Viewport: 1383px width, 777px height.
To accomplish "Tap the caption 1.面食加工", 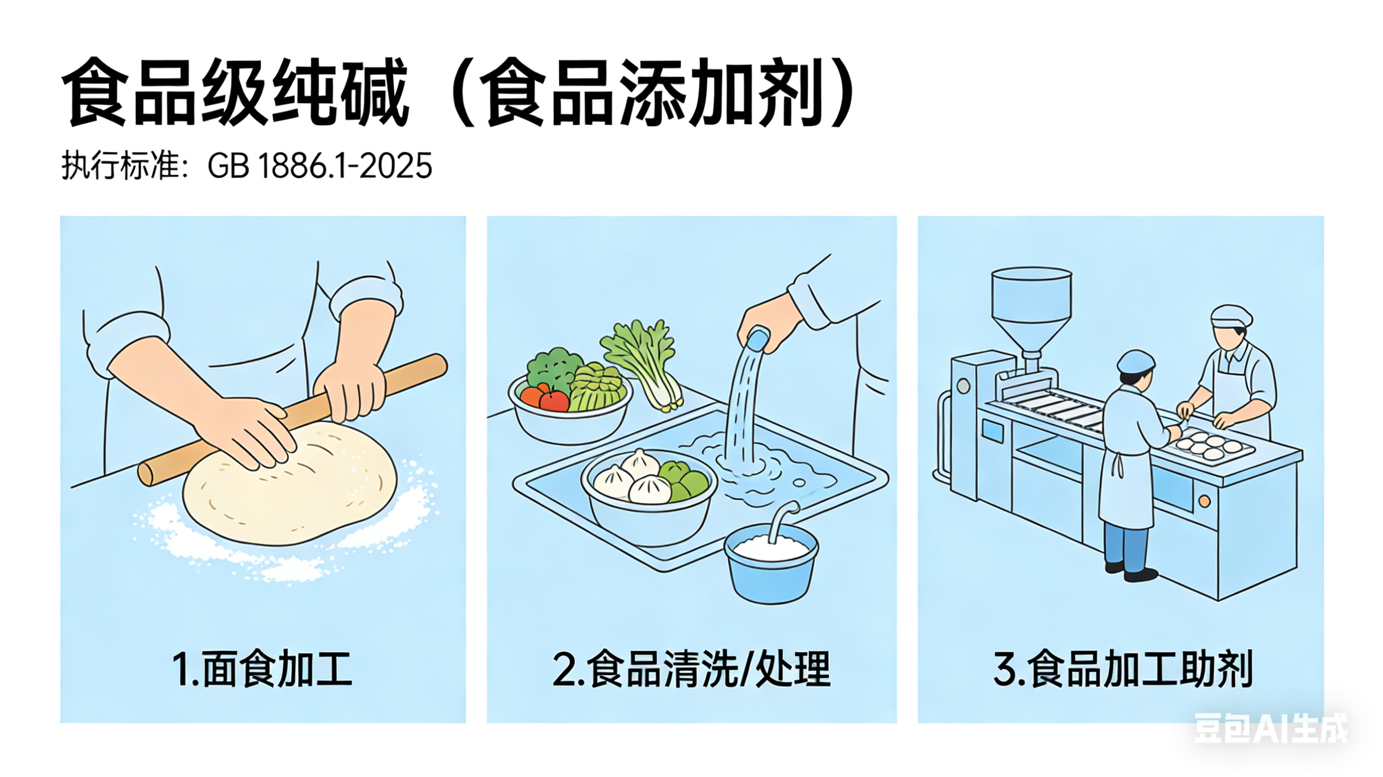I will [x=262, y=669].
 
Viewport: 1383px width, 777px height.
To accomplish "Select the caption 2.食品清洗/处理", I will [x=691, y=669].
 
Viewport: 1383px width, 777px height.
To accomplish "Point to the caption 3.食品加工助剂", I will [x=1122, y=669].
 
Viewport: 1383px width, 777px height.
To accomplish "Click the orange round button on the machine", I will [x=1204, y=501].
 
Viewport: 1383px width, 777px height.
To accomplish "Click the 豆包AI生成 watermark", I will [x=1270, y=728].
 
